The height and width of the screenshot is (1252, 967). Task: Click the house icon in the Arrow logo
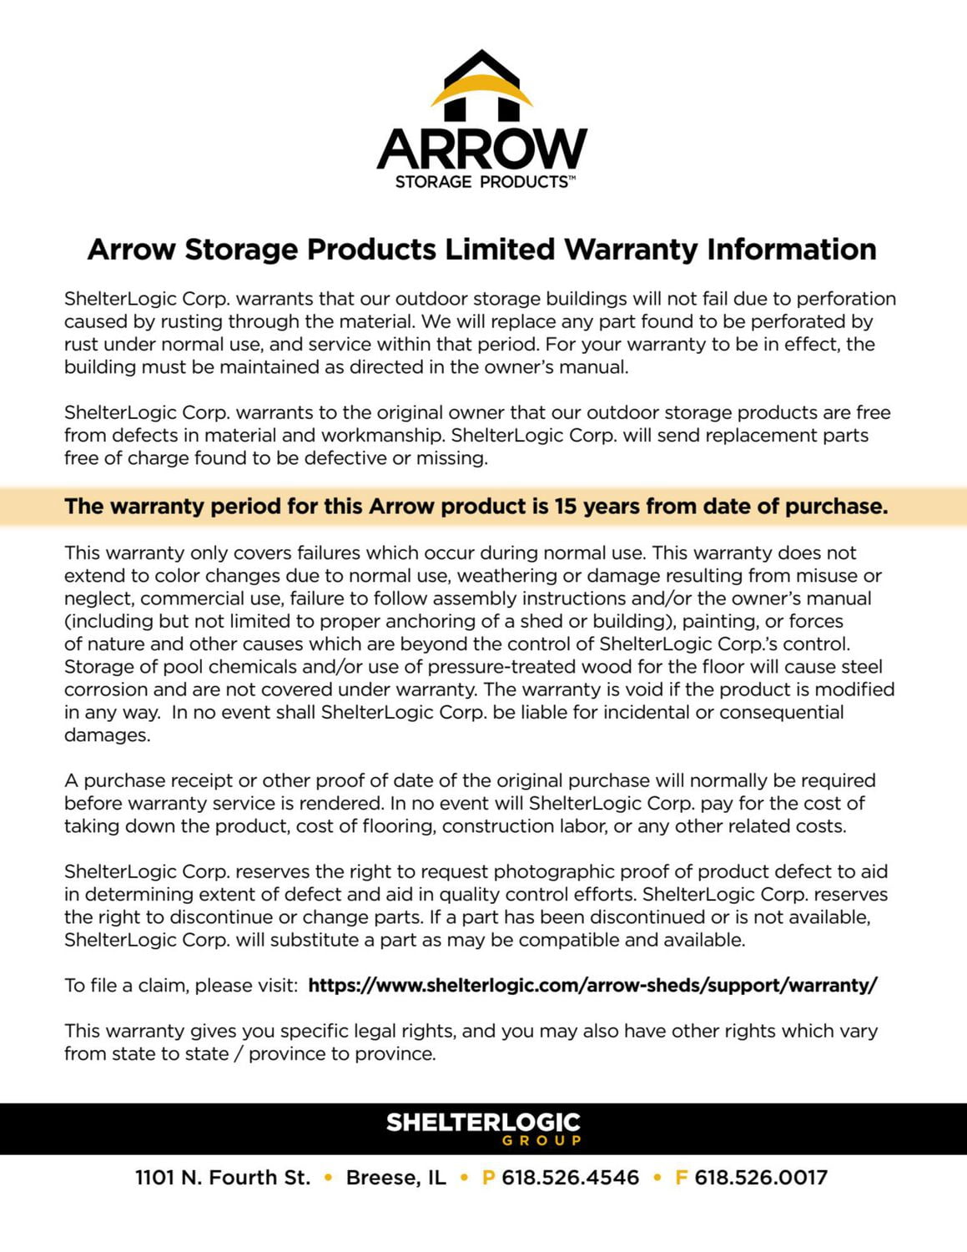pos(481,86)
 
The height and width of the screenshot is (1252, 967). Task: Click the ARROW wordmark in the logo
pos(482,149)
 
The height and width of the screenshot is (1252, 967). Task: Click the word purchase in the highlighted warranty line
pos(835,507)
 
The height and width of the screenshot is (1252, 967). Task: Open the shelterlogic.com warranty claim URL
pos(592,986)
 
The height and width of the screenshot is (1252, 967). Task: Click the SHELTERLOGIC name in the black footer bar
pos(483,1123)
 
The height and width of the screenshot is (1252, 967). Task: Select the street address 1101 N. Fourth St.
pos(223,1178)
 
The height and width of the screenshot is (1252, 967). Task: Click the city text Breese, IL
pos(396,1178)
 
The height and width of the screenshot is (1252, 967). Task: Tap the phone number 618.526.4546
pos(570,1178)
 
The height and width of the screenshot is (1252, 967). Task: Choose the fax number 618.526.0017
pos(761,1178)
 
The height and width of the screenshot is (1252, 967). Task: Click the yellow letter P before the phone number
pos(489,1178)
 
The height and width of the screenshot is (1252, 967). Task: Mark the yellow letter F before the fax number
pos(681,1178)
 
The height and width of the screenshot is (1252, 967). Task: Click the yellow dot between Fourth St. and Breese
pos(329,1178)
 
